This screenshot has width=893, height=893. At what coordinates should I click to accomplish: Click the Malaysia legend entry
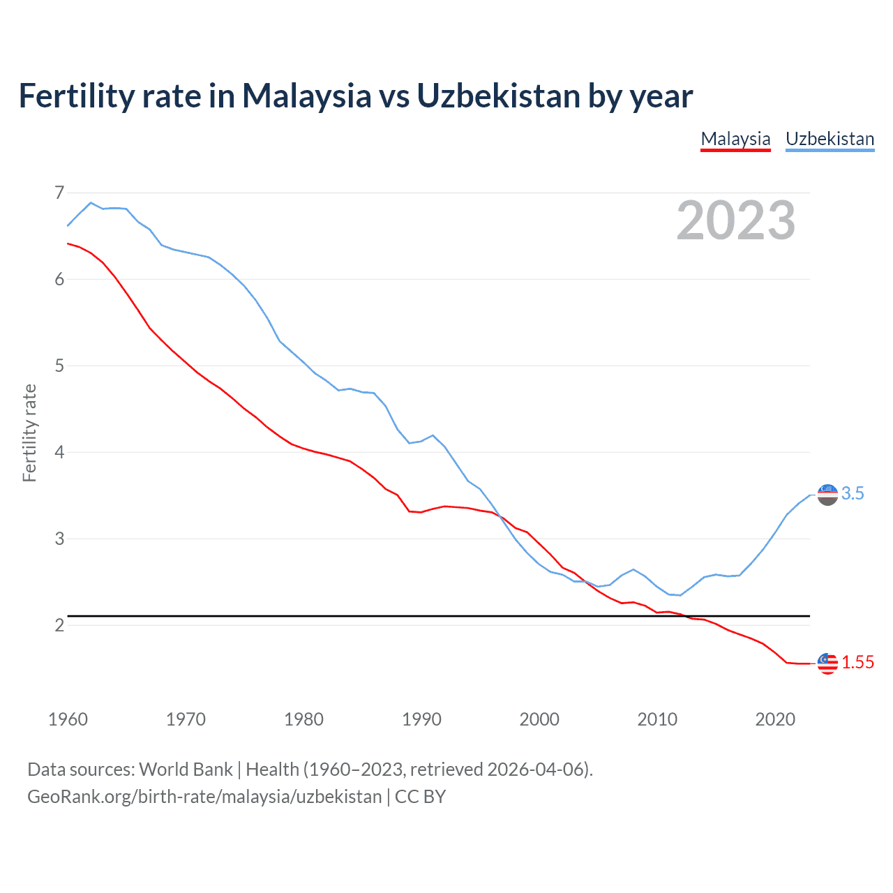735,139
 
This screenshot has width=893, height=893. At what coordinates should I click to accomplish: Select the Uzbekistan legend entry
830,139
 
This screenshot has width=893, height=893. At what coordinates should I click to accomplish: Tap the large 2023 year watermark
735,220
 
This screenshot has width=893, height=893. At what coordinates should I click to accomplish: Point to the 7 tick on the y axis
59,193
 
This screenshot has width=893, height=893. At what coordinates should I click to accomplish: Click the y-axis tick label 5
59,366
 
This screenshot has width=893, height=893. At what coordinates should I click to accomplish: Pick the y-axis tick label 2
59,625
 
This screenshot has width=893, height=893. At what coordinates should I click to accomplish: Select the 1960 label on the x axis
68,719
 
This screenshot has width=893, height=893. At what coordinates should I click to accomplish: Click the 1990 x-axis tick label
421,719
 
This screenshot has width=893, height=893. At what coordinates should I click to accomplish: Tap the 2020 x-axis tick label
775,719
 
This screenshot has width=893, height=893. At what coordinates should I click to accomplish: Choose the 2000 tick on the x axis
539,719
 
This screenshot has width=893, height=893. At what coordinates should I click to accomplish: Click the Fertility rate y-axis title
29,433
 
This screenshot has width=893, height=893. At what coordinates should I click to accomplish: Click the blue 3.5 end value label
853,493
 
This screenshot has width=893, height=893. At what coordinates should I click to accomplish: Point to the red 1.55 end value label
857,662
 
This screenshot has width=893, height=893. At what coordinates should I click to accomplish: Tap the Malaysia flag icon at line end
827,663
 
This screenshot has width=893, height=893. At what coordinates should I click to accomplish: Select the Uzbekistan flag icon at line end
827,495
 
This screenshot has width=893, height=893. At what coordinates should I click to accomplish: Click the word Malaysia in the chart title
306,96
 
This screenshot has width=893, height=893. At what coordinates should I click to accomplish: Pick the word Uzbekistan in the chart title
498,96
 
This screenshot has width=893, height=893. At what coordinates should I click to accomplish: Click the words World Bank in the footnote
186,769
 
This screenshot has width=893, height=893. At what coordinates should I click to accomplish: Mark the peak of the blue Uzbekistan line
91,203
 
